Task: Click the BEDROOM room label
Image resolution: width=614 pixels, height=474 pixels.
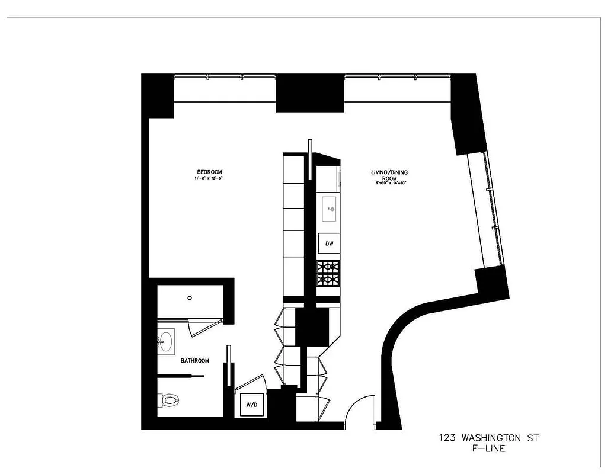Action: click(210, 172)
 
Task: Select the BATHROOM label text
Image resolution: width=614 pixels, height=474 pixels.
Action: click(195, 360)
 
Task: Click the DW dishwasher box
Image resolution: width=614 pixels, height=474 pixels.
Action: click(329, 243)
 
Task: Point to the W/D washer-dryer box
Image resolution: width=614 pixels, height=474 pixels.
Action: click(252, 405)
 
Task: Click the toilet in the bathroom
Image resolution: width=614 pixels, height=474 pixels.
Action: click(170, 401)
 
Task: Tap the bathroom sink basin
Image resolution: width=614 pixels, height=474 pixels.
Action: click(165, 341)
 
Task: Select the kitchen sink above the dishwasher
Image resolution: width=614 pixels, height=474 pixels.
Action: click(330, 208)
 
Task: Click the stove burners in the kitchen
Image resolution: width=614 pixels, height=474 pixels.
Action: click(329, 274)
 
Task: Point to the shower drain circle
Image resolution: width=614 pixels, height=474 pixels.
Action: click(190, 298)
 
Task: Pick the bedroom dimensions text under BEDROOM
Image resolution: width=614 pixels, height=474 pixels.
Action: click(210, 178)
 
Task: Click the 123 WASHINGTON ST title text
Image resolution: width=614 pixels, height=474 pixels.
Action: click(488, 439)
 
